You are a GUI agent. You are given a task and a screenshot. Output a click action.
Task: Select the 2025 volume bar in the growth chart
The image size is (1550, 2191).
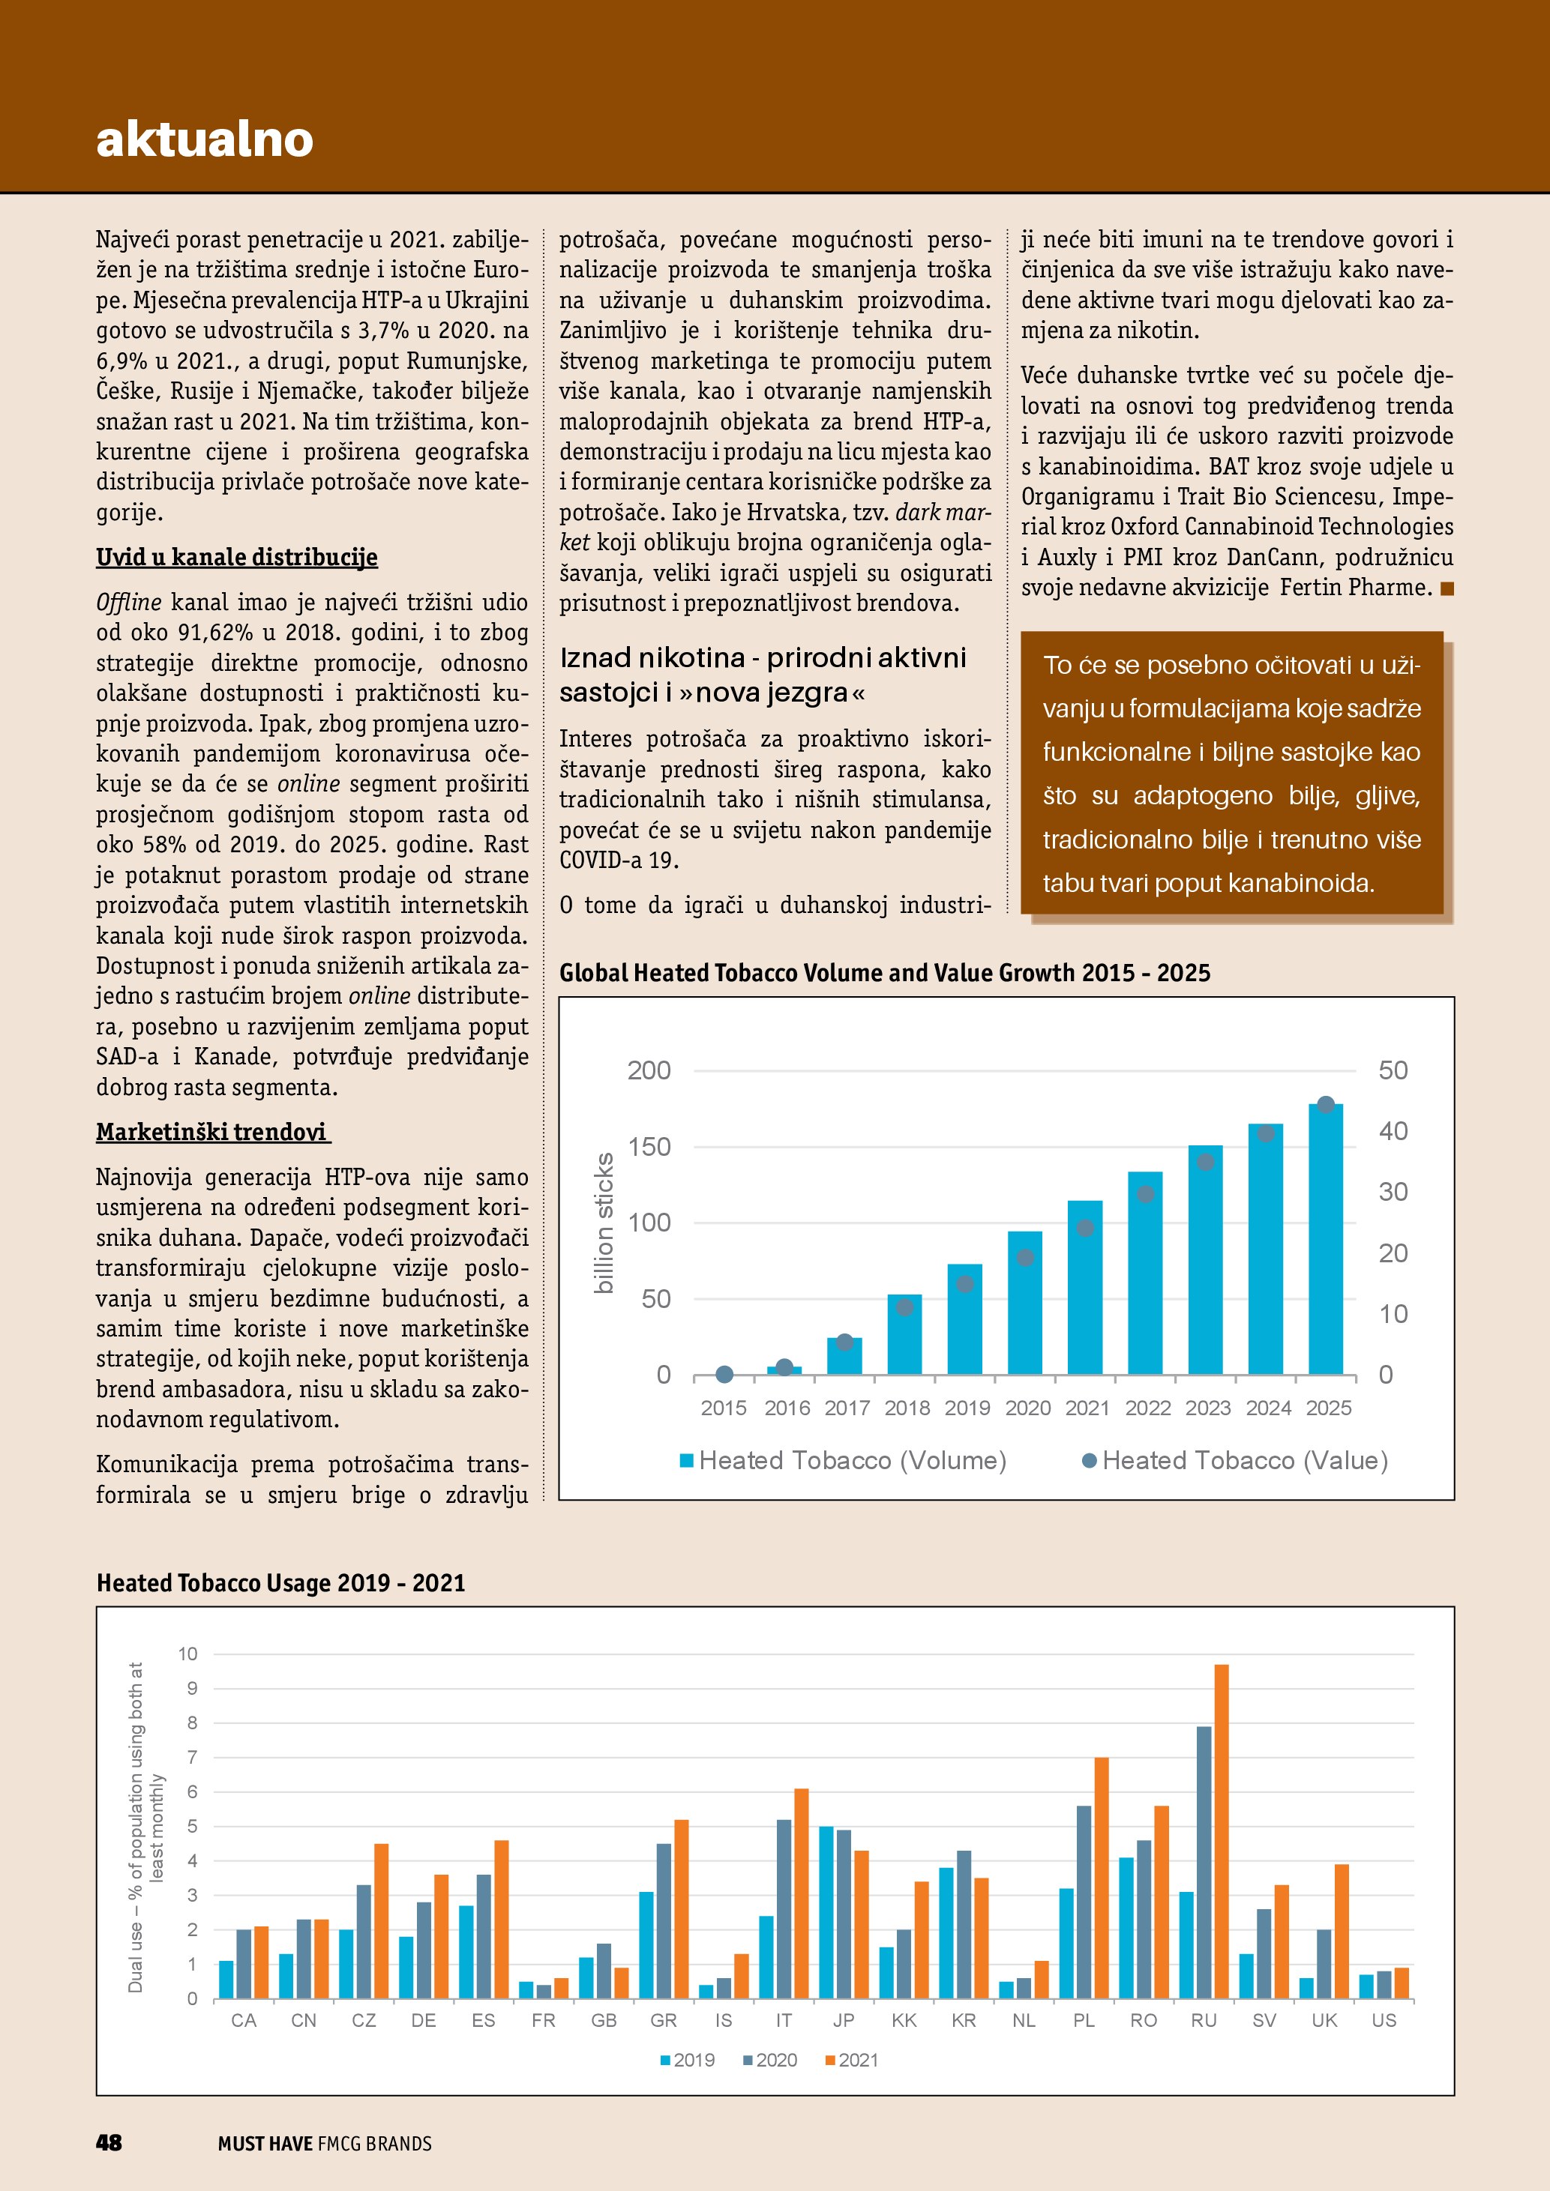coord(1325,1241)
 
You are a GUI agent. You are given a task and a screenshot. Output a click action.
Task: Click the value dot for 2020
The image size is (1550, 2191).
coord(1025,1258)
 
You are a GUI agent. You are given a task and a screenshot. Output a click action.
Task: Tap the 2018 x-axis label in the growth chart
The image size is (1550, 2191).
coord(907,1408)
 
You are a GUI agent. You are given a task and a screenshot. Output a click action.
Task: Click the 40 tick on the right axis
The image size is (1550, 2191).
coord(1393,1132)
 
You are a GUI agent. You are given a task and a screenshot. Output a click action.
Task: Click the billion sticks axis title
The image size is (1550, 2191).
coord(604,1223)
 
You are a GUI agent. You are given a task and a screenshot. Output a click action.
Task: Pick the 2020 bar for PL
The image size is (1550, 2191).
coord(1084,1903)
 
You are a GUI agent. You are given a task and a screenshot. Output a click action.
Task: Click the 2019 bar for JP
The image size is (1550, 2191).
coord(826,1914)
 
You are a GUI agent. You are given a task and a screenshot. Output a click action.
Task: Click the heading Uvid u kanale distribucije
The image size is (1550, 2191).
coord(237,557)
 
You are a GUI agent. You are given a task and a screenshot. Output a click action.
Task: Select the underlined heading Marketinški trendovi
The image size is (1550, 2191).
coord(212,1133)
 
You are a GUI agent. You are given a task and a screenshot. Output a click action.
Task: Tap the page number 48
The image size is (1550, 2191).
coord(109,2143)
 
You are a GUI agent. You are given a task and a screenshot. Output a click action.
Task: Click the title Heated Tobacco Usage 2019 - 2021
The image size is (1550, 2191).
coord(280,1583)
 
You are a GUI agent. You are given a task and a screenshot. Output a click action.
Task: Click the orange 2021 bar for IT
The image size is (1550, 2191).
coord(801,1894)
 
